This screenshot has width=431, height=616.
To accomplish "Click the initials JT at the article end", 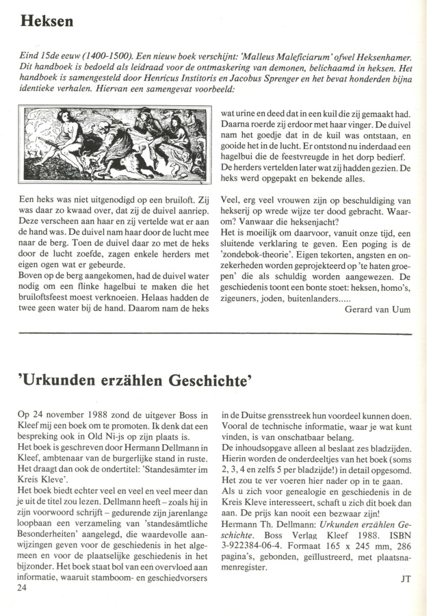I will tap(405, 578).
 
